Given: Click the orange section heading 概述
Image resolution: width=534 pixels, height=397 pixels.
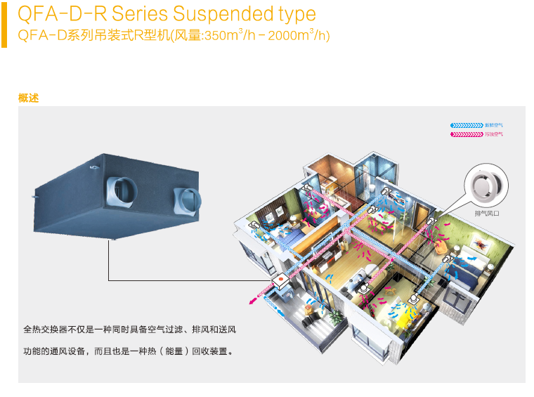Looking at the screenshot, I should tap(28, 98).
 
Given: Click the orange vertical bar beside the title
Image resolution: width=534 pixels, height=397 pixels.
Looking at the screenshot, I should tap(4, 24).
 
